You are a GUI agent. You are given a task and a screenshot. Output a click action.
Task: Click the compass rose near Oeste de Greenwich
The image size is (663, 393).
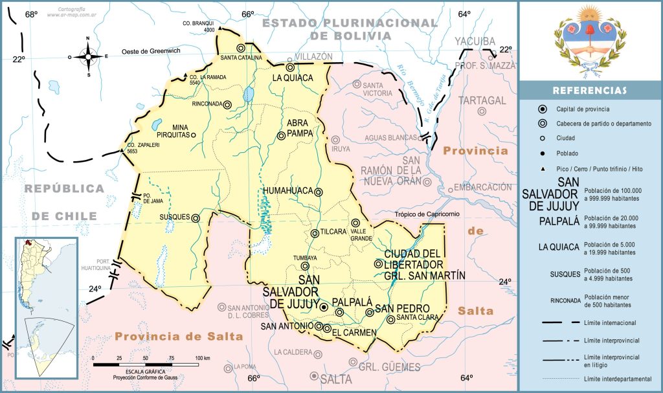89,56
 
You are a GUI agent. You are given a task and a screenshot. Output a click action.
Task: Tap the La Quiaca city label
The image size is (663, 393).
293,78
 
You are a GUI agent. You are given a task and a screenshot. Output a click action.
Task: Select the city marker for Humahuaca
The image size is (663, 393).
319,192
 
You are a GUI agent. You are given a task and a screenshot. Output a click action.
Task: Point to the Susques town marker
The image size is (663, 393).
196,218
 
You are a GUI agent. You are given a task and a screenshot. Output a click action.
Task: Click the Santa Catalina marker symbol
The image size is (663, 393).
241,47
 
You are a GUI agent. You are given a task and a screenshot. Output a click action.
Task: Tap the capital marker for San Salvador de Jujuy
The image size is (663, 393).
324,308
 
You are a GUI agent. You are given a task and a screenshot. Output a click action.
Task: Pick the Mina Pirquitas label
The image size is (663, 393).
172,131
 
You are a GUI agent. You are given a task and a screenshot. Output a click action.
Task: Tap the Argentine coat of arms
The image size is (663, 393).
589,39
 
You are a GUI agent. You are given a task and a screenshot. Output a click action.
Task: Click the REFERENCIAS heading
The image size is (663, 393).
589,91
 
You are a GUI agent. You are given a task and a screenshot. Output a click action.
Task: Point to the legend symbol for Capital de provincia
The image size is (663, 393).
542,109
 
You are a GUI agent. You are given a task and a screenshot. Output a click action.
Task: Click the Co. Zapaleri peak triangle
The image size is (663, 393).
122,151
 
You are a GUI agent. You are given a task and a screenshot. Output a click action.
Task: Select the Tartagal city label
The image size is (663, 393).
482,101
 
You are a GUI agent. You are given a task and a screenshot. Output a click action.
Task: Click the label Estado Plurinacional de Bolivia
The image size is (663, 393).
350,29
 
